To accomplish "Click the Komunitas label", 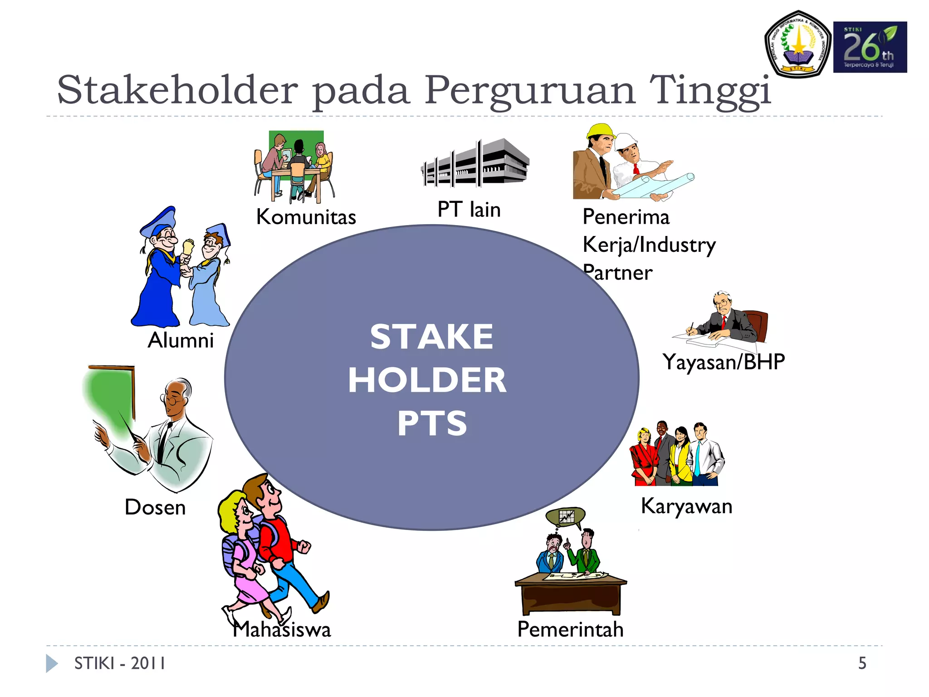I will click(x=306, y=217).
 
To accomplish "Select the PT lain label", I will click(x=469, y=210).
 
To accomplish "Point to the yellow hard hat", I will click(x=600, y=131).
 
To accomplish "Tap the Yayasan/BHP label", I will click(x=723, y=362).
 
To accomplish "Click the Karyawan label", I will click(x=686, y=506).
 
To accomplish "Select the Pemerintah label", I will click(x=570, y=629).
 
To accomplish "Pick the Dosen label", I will click(x=155, y=507).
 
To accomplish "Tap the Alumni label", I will click(x=181, y=340).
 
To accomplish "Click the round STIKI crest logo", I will click(x=798, y=44).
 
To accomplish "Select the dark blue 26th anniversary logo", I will click(x=870, y=47).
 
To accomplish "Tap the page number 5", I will click(x=862, y=663).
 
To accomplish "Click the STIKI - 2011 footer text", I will click(x=120, y=663).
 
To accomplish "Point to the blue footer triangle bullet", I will click(x=51, y=663).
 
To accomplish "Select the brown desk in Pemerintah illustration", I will click(x=570, y=597).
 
